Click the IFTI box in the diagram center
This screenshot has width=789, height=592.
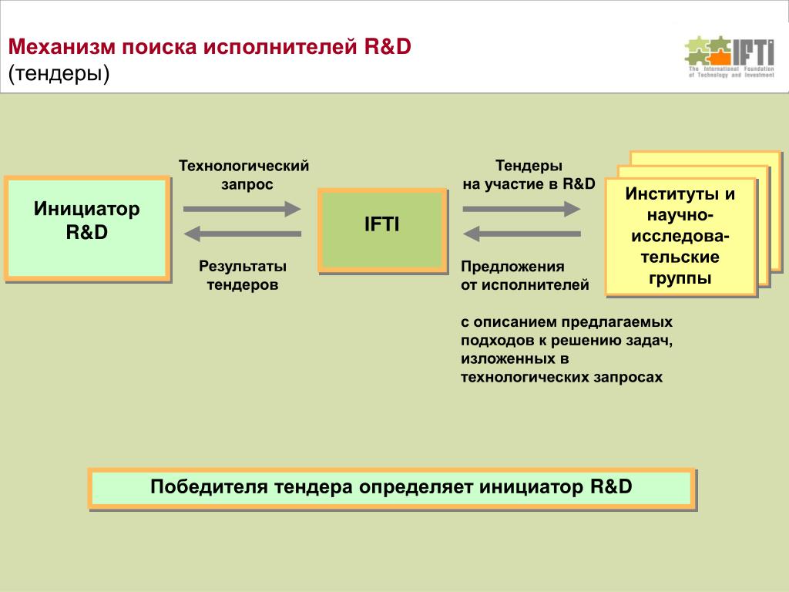(x=382, y=230)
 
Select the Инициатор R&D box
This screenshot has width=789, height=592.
(x=86, y=227)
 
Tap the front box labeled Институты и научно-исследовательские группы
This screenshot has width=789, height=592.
(x=680, y=236)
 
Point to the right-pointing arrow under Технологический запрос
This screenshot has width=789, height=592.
(x=242, y=208)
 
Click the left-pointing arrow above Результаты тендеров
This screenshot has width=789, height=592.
(x=242, y=234)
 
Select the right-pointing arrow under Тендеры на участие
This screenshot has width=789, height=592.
(x=521, y=208)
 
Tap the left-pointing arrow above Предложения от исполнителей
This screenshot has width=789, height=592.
(x=521, y=234)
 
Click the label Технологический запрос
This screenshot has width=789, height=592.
(x=243, y=175)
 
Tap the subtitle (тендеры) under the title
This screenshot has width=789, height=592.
(x=59, y=74)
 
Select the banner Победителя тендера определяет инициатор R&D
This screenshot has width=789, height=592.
(x=391, y=488)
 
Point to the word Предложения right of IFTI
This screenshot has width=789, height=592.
(x=512, y=267)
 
